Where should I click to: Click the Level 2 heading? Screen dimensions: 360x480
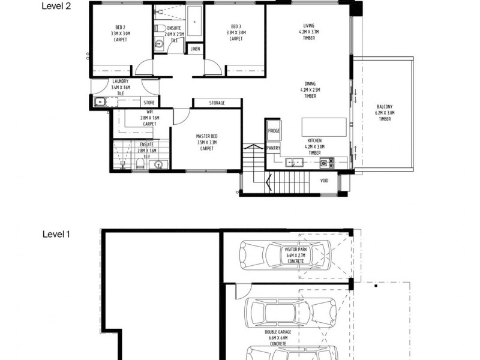pos(57,7)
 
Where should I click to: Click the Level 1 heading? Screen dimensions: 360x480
pos(57,235)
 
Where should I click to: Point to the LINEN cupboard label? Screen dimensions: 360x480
pos(196,49)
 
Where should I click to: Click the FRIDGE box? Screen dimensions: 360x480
pos(274,131)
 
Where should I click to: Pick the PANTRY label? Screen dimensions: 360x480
pos(274,147)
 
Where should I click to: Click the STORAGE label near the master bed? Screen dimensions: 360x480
pos(217,103)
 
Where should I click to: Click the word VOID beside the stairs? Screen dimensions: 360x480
pos(324,179)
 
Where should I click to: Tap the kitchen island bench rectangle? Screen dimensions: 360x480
pos(323,127)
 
